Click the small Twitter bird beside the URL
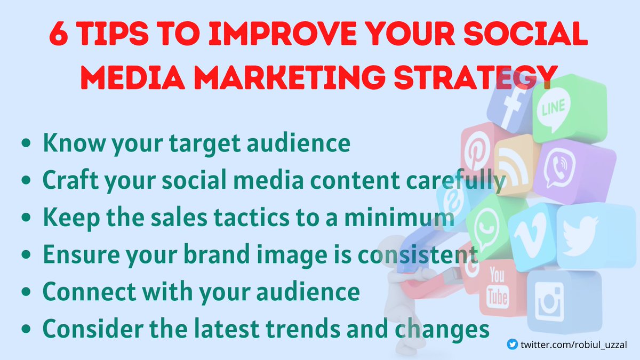point(513,345)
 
